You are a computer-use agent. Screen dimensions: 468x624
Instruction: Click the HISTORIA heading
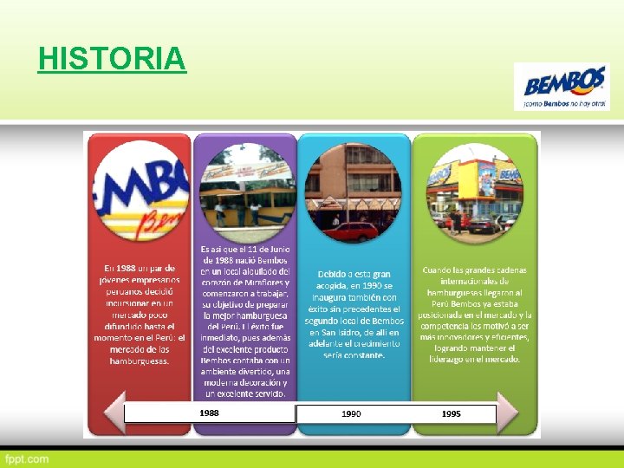pos(112,59)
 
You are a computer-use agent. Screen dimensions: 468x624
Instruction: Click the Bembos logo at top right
pos(565,84)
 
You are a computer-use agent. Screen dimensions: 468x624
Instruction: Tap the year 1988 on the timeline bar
pos(209,413)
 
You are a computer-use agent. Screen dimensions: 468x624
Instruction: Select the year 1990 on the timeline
pos(351,414)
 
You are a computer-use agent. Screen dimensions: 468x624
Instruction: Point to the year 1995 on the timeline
pos(451,414)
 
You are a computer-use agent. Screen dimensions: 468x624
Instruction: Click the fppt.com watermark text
pos(27,458)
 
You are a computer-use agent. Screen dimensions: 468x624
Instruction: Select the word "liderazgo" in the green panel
pos(452,359)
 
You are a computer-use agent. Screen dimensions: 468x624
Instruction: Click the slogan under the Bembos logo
pos(564,103)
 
